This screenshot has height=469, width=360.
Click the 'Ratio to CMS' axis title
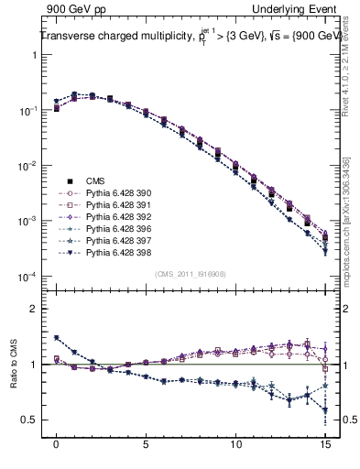pyautogui.click(x=16, y=378)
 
